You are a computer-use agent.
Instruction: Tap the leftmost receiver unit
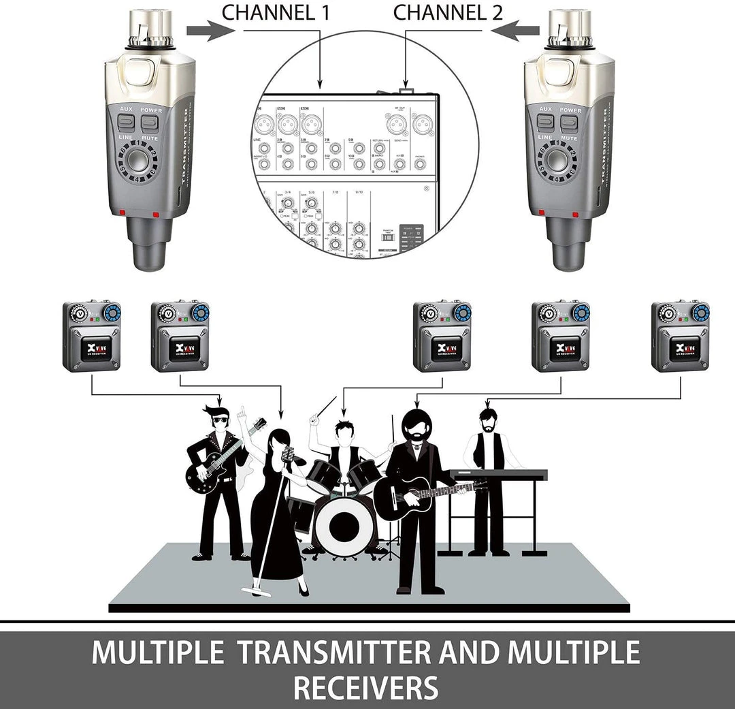point(92,336)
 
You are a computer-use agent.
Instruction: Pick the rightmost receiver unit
point(680,336)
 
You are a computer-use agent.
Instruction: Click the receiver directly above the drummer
point(442,336)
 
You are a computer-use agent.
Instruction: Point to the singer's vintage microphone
point(290,455)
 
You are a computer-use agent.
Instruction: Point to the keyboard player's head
point(487,419)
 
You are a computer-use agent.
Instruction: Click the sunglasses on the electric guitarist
point(220,420)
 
